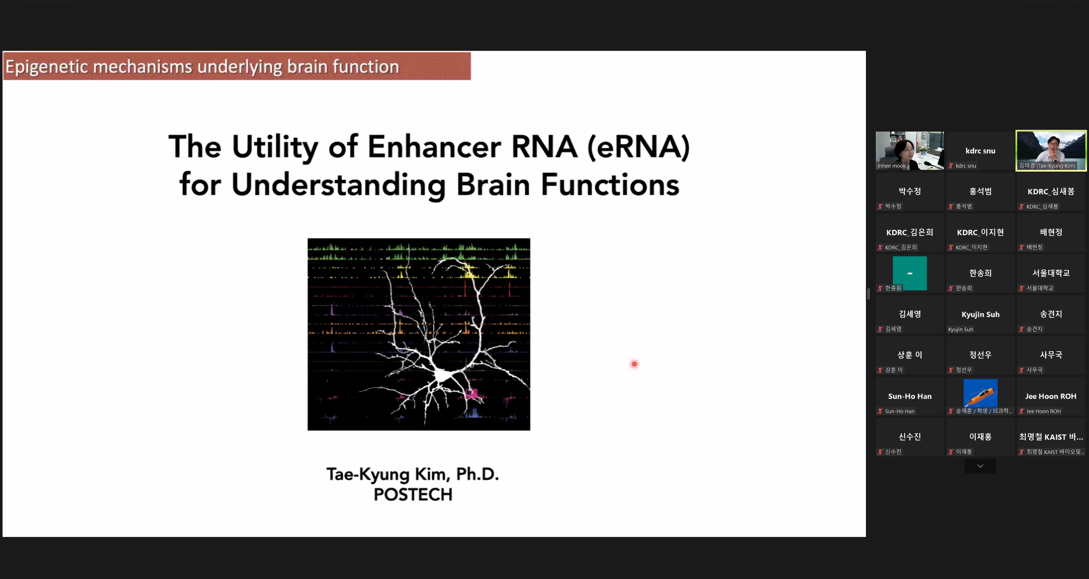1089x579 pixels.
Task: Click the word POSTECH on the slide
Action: click(413, 494)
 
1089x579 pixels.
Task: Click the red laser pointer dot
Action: click(634, 364)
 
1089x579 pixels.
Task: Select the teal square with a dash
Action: click(910, 273)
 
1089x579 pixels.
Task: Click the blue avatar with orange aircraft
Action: click(980, 393)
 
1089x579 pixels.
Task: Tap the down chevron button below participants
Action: click(980, 466)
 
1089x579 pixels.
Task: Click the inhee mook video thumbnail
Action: click(910, 151)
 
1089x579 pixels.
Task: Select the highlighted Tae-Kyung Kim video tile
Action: click(1051, 151)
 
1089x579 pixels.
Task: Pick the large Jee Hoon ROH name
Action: click(1051, 396)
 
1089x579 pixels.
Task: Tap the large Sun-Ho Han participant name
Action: click(910, 396)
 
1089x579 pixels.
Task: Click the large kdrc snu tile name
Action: click(980, 151)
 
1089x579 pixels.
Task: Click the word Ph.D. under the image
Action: click(478, 474)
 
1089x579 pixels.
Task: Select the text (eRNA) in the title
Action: click(638, 147)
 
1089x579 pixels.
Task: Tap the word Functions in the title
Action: click(610, 185)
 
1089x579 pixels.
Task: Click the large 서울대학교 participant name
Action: click(1051, 273)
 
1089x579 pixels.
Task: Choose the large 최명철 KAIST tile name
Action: click(1051, 437)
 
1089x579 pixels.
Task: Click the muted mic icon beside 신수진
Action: click(880, 452)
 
